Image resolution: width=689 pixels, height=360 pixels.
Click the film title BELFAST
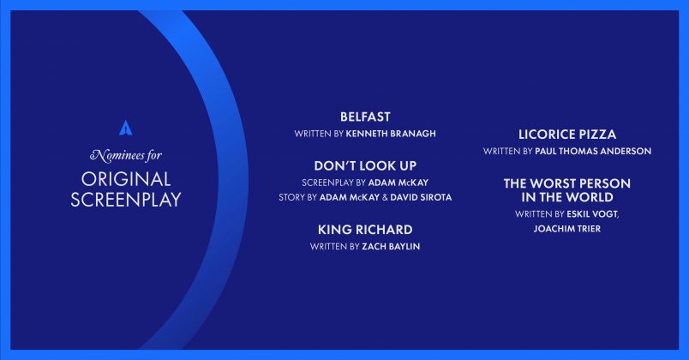point(365,117)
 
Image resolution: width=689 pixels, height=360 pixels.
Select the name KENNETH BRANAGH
point(391,134)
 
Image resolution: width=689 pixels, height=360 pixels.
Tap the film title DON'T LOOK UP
point(365,165)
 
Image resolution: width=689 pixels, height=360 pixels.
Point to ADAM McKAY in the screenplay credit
point(398,183)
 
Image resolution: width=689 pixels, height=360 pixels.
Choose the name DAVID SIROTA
point(421,197)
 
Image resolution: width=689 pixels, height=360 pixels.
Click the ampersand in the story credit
point(385,197)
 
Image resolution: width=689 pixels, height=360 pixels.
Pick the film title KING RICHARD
point(365,230)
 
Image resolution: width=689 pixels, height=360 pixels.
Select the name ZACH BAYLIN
point(391,247)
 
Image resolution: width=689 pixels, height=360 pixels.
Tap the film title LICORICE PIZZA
point(567,135)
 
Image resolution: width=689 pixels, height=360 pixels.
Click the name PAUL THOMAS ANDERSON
point(593,151)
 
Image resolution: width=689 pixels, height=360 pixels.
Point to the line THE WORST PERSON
point(567,183)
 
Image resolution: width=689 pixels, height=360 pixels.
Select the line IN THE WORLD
point(567,197)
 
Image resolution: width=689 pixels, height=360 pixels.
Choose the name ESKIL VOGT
point(593,214)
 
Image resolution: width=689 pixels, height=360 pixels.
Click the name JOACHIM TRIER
point(567,229)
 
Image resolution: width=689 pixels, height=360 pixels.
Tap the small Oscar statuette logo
point(126,128)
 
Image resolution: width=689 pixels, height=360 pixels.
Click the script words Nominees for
point(126,155)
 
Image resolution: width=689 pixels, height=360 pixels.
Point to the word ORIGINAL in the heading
point(126,179)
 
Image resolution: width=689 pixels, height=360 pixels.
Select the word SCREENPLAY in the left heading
point(126,200)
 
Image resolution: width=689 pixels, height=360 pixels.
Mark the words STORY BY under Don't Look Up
point(297,197)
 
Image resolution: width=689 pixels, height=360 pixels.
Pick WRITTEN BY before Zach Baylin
point(335,247)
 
